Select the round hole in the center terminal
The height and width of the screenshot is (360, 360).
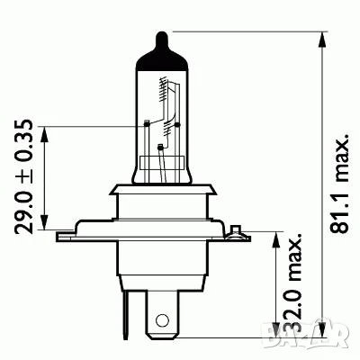(161, 319)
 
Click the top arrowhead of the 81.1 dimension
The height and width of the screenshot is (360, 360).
(319, 37)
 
